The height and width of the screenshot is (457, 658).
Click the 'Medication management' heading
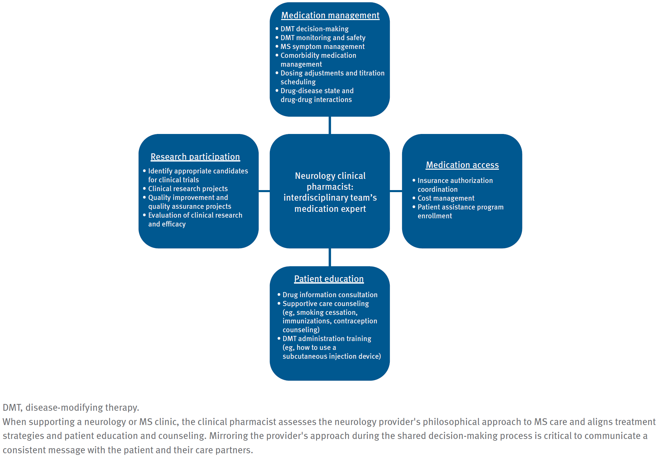(330, 16)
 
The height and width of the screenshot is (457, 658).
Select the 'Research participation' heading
(195, 157)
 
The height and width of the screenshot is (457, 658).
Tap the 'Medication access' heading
(462, 165)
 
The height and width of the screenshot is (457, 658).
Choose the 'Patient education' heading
(329, 279)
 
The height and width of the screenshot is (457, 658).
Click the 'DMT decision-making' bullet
(314, 29)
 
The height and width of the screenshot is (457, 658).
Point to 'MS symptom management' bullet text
(322, 47)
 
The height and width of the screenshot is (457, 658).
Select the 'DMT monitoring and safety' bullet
(323, 38)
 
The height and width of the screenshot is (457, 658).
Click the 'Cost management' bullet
(446, 199)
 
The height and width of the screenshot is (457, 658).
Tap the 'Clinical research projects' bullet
(188, 189)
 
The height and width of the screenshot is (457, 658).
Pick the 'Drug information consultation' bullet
(330, 295)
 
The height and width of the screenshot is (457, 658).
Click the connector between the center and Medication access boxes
(396, 191)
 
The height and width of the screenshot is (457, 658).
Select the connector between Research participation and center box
(264, 191)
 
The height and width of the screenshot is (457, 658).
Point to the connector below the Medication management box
(330, 125)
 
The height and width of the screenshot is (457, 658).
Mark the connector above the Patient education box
(330, 257)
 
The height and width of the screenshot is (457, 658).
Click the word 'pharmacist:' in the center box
(330, 187)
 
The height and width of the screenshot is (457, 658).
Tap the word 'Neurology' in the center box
(311, 176)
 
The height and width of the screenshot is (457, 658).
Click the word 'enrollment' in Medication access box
(435, 216)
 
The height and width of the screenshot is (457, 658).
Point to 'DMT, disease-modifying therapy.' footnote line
(71, 408)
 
